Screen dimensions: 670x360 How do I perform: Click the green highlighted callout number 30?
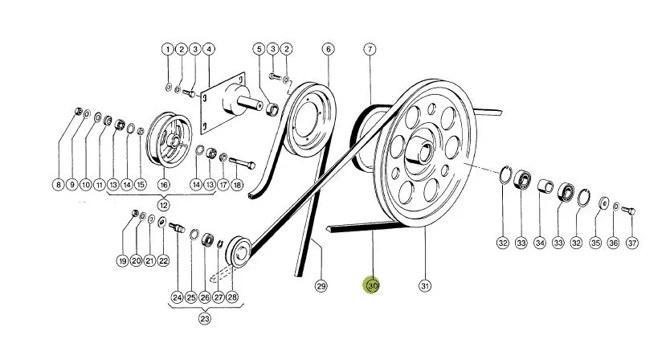click(372, 285)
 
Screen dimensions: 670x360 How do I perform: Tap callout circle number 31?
click(424, 285)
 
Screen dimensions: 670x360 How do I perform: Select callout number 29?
click(321, 285)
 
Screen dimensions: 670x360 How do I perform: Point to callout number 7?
click(370, 49)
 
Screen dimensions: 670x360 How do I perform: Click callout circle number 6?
click(328, 49)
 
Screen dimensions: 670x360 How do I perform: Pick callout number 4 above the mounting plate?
click(209, 49)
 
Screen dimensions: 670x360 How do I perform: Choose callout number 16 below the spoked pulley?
click(164, 185)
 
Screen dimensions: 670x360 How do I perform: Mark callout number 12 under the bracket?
click(163, 205)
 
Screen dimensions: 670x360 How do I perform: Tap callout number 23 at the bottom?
click(205, 318)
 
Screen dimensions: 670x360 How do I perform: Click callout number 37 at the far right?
click(632, 243)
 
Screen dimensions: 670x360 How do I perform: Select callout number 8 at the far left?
click(58, 185)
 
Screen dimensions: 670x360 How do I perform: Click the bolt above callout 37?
click(627, 211)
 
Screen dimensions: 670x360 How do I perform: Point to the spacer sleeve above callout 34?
click(545, 186)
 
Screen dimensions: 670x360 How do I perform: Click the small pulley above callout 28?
click(238, 252)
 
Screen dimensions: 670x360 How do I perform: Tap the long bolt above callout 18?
click(243, 163)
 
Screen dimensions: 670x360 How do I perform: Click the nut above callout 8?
click(78, 111)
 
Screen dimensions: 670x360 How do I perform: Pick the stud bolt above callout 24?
click(177, 228)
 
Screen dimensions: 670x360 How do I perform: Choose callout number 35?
click(595, 243)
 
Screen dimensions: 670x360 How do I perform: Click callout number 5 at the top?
click(259, 49)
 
